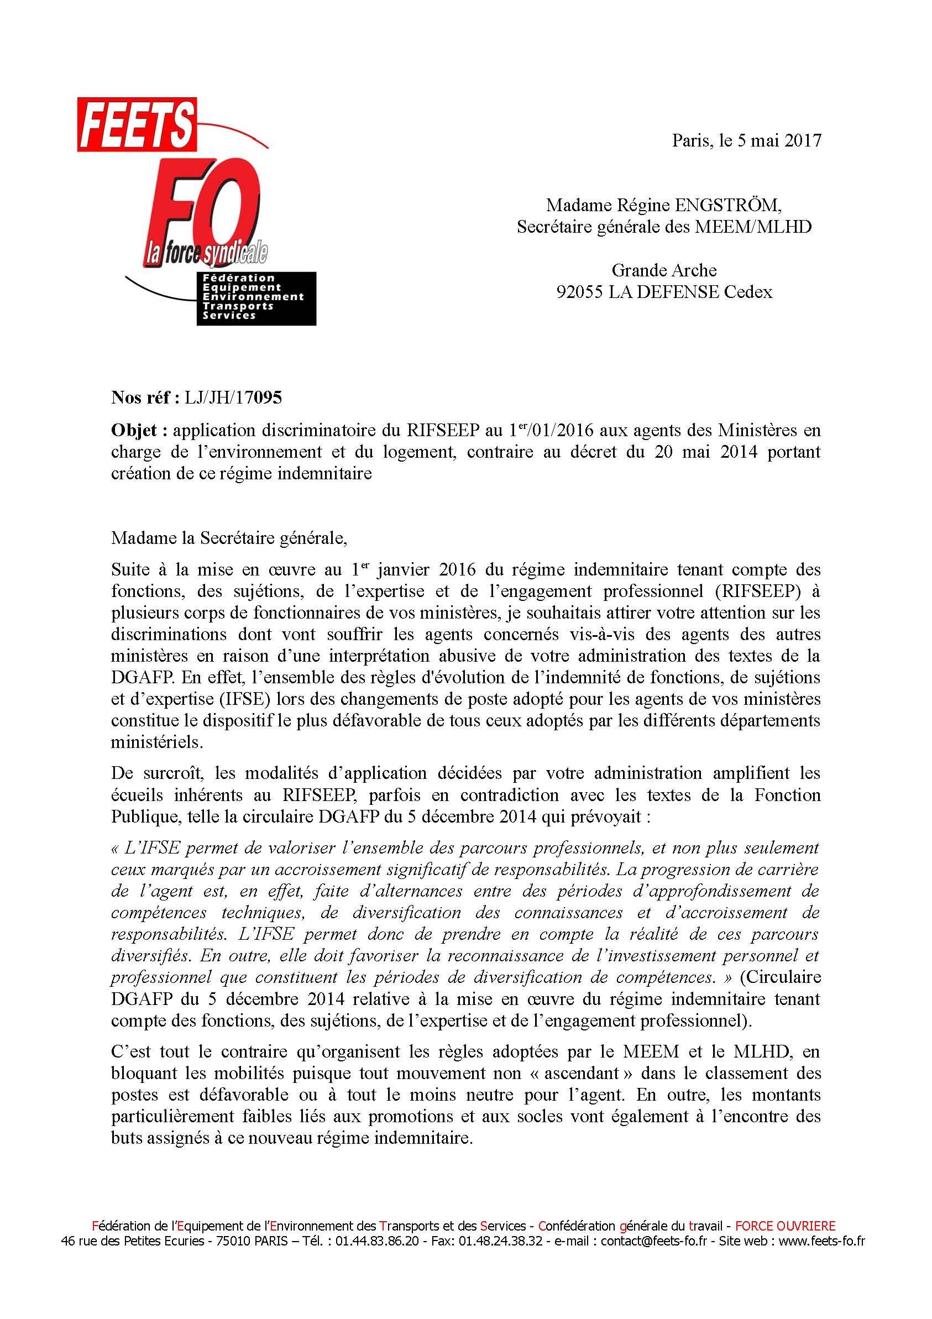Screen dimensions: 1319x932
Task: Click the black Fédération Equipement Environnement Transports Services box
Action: point(256,298)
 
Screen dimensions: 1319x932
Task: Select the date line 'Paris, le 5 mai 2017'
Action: point(746,141)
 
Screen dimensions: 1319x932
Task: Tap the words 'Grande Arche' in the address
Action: point(664,270)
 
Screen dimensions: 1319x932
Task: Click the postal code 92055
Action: point(579,292)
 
